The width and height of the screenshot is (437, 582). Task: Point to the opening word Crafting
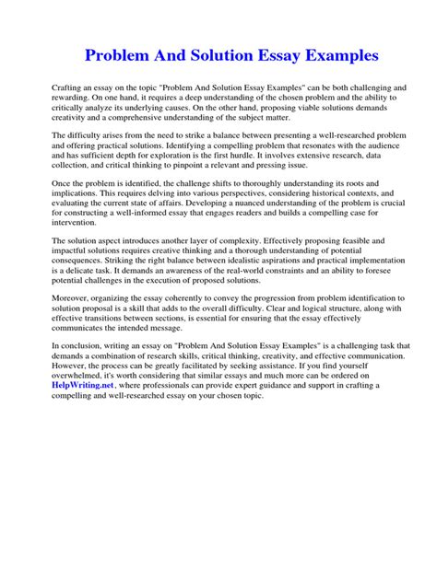(x=69, y=86)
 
